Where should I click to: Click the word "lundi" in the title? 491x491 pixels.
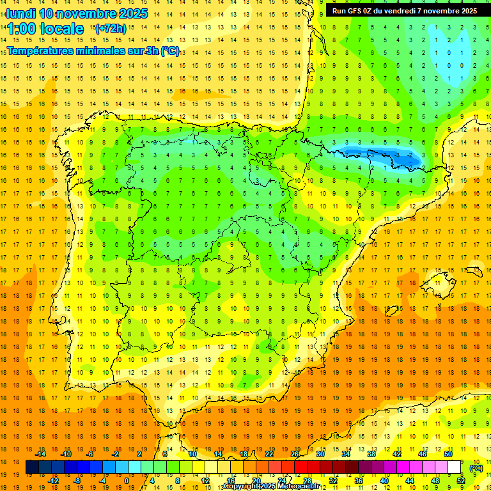[20, 13]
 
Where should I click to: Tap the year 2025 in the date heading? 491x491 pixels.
[134, 13]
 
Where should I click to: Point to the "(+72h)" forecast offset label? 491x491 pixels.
[111, 29]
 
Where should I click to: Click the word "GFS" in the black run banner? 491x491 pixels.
[355, 11]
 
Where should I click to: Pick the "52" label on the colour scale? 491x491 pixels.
[461, 481]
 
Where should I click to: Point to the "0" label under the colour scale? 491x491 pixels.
[127, 481]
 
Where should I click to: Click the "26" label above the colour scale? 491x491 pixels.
[295, 454]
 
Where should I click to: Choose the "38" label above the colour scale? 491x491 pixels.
[371, 454]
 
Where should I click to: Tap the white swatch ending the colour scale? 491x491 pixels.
[455, 467]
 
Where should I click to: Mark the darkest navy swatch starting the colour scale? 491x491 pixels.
[32, 467]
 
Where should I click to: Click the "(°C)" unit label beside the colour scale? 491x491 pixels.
[476, 467]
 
